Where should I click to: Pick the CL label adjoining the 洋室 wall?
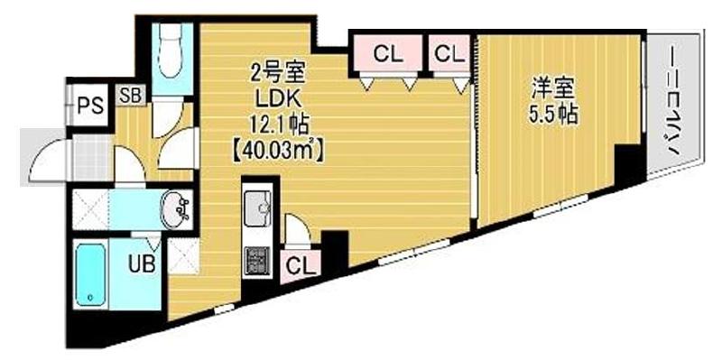coord(449,54)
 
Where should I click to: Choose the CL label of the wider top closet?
coord(387,54)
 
